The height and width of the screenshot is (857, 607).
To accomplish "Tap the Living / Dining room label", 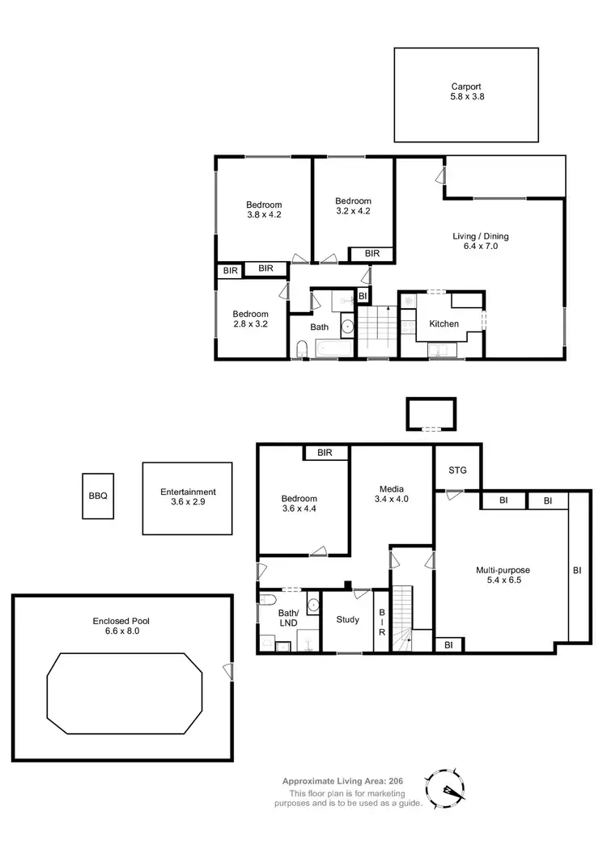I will click(x=480, y=237).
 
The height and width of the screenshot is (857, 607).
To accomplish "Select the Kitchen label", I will click(x=444, y=324).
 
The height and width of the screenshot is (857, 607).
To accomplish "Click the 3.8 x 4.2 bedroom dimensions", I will click(x=264, y=215).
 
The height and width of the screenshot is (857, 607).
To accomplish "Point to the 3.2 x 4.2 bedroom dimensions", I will click(x=353, y=212).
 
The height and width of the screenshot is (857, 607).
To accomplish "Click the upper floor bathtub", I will click(x=332, y=350).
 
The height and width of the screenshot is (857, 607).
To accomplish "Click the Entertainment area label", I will click(x=188, y=492).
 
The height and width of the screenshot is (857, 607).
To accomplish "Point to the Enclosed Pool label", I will click(x=121, y=621).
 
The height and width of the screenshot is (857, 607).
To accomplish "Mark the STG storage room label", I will click(x=457, y=470).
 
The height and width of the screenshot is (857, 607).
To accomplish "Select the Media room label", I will click(x=393, y=488).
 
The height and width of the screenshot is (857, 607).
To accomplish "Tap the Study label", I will click(x=347, y=620).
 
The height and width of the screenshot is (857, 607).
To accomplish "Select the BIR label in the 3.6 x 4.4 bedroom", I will click(x=325, y=453).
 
